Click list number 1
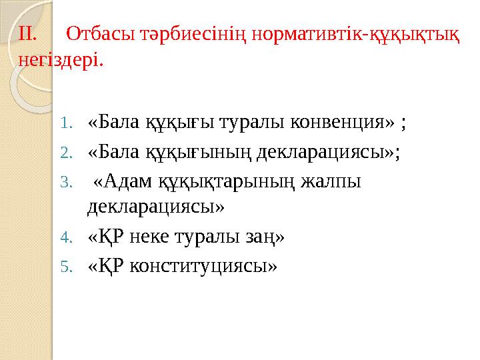pos(65,123)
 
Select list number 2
pos(65,153)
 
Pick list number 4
pos(65,237)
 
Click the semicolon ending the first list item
pos(404,124)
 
